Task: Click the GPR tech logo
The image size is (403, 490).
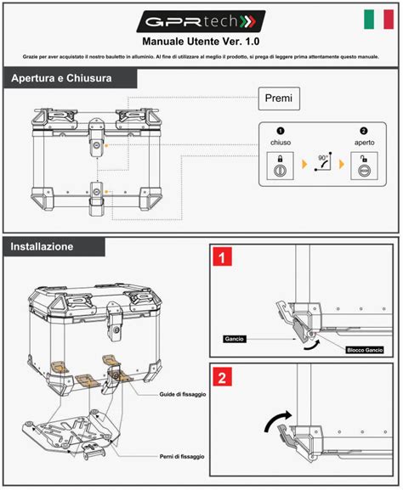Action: [201, 20]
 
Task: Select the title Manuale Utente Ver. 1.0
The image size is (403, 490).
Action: [201, 41]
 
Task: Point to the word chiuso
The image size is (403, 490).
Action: [281, 143]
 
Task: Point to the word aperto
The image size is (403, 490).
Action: [364, 143]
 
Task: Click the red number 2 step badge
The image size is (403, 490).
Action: [222, 377]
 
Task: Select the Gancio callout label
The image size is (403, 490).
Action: [235, 338]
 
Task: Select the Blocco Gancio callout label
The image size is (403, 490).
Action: [364, 350]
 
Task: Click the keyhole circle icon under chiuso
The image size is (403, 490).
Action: [281, 170]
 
